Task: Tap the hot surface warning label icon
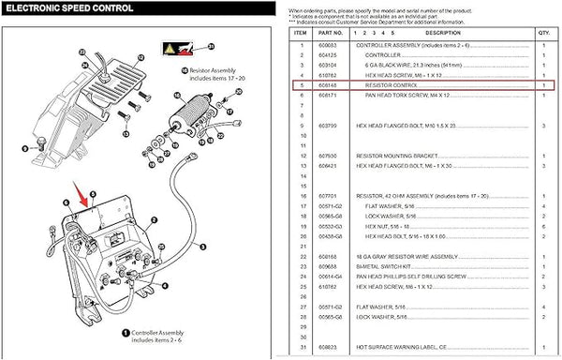[x=173, y=46]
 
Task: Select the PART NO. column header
[x=330, y=31]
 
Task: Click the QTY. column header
[x=544, y=31]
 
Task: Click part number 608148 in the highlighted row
[x=328, y=83]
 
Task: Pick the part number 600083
[x=328, y=44]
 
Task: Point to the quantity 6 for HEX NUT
[x=544, y=225]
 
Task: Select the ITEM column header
[x=301, y=31]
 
